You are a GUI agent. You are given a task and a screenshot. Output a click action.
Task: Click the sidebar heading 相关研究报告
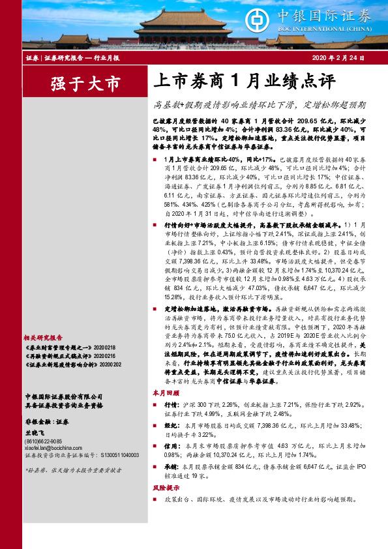tap(43, 338)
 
